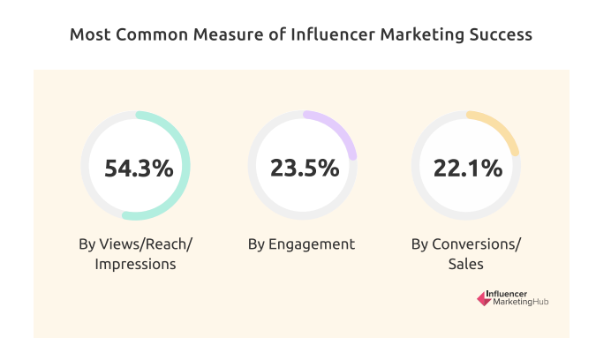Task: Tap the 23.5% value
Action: click(301, 167)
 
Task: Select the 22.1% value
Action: click(466, 167)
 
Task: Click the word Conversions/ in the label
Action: click(476, 244)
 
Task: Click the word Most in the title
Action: click(88, 35)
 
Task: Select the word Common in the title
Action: click(147, 35)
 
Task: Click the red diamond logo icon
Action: click(483, 299)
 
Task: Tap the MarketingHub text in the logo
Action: click(522, 304)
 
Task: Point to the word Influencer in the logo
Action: click(509, 294)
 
